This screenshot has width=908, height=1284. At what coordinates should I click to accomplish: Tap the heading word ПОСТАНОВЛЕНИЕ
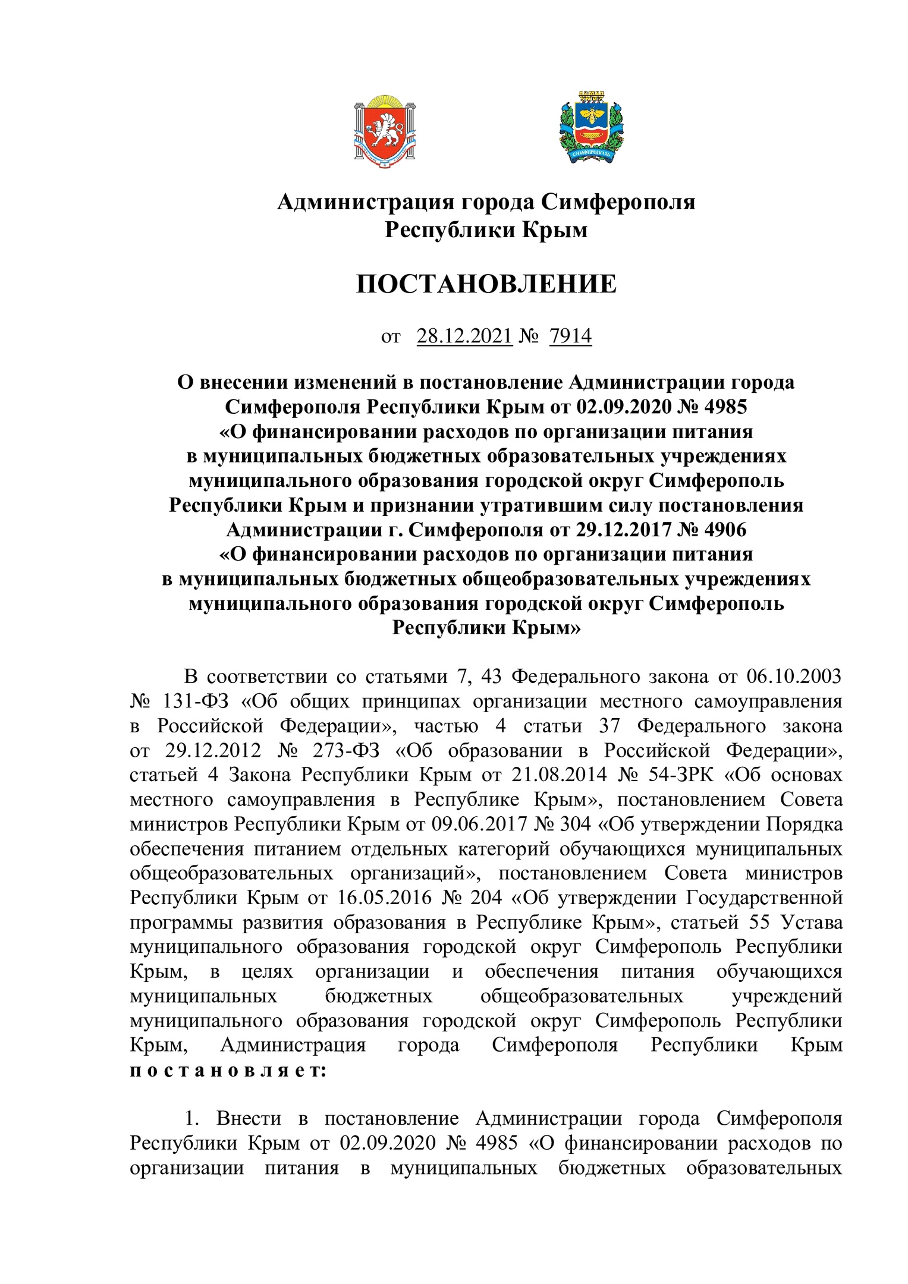pyautogui.click(x=486, y=284)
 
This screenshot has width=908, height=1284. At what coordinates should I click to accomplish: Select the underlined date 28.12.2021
pyautogui.click(x=464, y=336)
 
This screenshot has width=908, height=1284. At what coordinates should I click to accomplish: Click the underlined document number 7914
pyautogui.click(x=570, y=336)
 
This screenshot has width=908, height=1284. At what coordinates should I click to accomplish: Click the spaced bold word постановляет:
pyautogui.click(x=228, y=1070)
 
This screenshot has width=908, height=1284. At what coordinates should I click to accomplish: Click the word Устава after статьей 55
pyautogui.click(x=812, y=922)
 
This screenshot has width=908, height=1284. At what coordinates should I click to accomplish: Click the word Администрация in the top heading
pyautogui.click(x=366, y=202)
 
